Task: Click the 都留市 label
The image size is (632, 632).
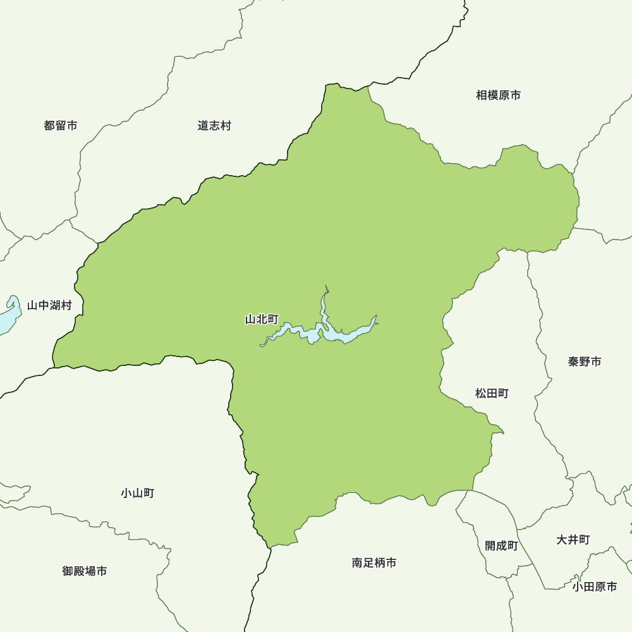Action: tap(61, 126)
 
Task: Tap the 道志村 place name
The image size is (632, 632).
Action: tap(214, 126)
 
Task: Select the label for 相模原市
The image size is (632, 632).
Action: tap(499, 95)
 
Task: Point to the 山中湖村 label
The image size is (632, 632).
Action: tap(49, 306)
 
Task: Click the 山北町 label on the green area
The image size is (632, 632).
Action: tap(262, 320)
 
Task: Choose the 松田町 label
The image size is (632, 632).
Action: tap(492, 394)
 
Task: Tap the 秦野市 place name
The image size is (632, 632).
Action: tap(585, 362)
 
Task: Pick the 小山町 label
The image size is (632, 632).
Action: tap(137, 493)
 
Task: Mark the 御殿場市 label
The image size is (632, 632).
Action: tap(85, 571)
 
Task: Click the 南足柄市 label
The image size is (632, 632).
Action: tap(374, 562)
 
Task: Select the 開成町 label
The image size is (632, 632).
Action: tap(501, 545)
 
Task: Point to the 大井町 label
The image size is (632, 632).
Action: tap(573, 540)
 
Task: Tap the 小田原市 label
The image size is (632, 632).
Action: tap(595, 586)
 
